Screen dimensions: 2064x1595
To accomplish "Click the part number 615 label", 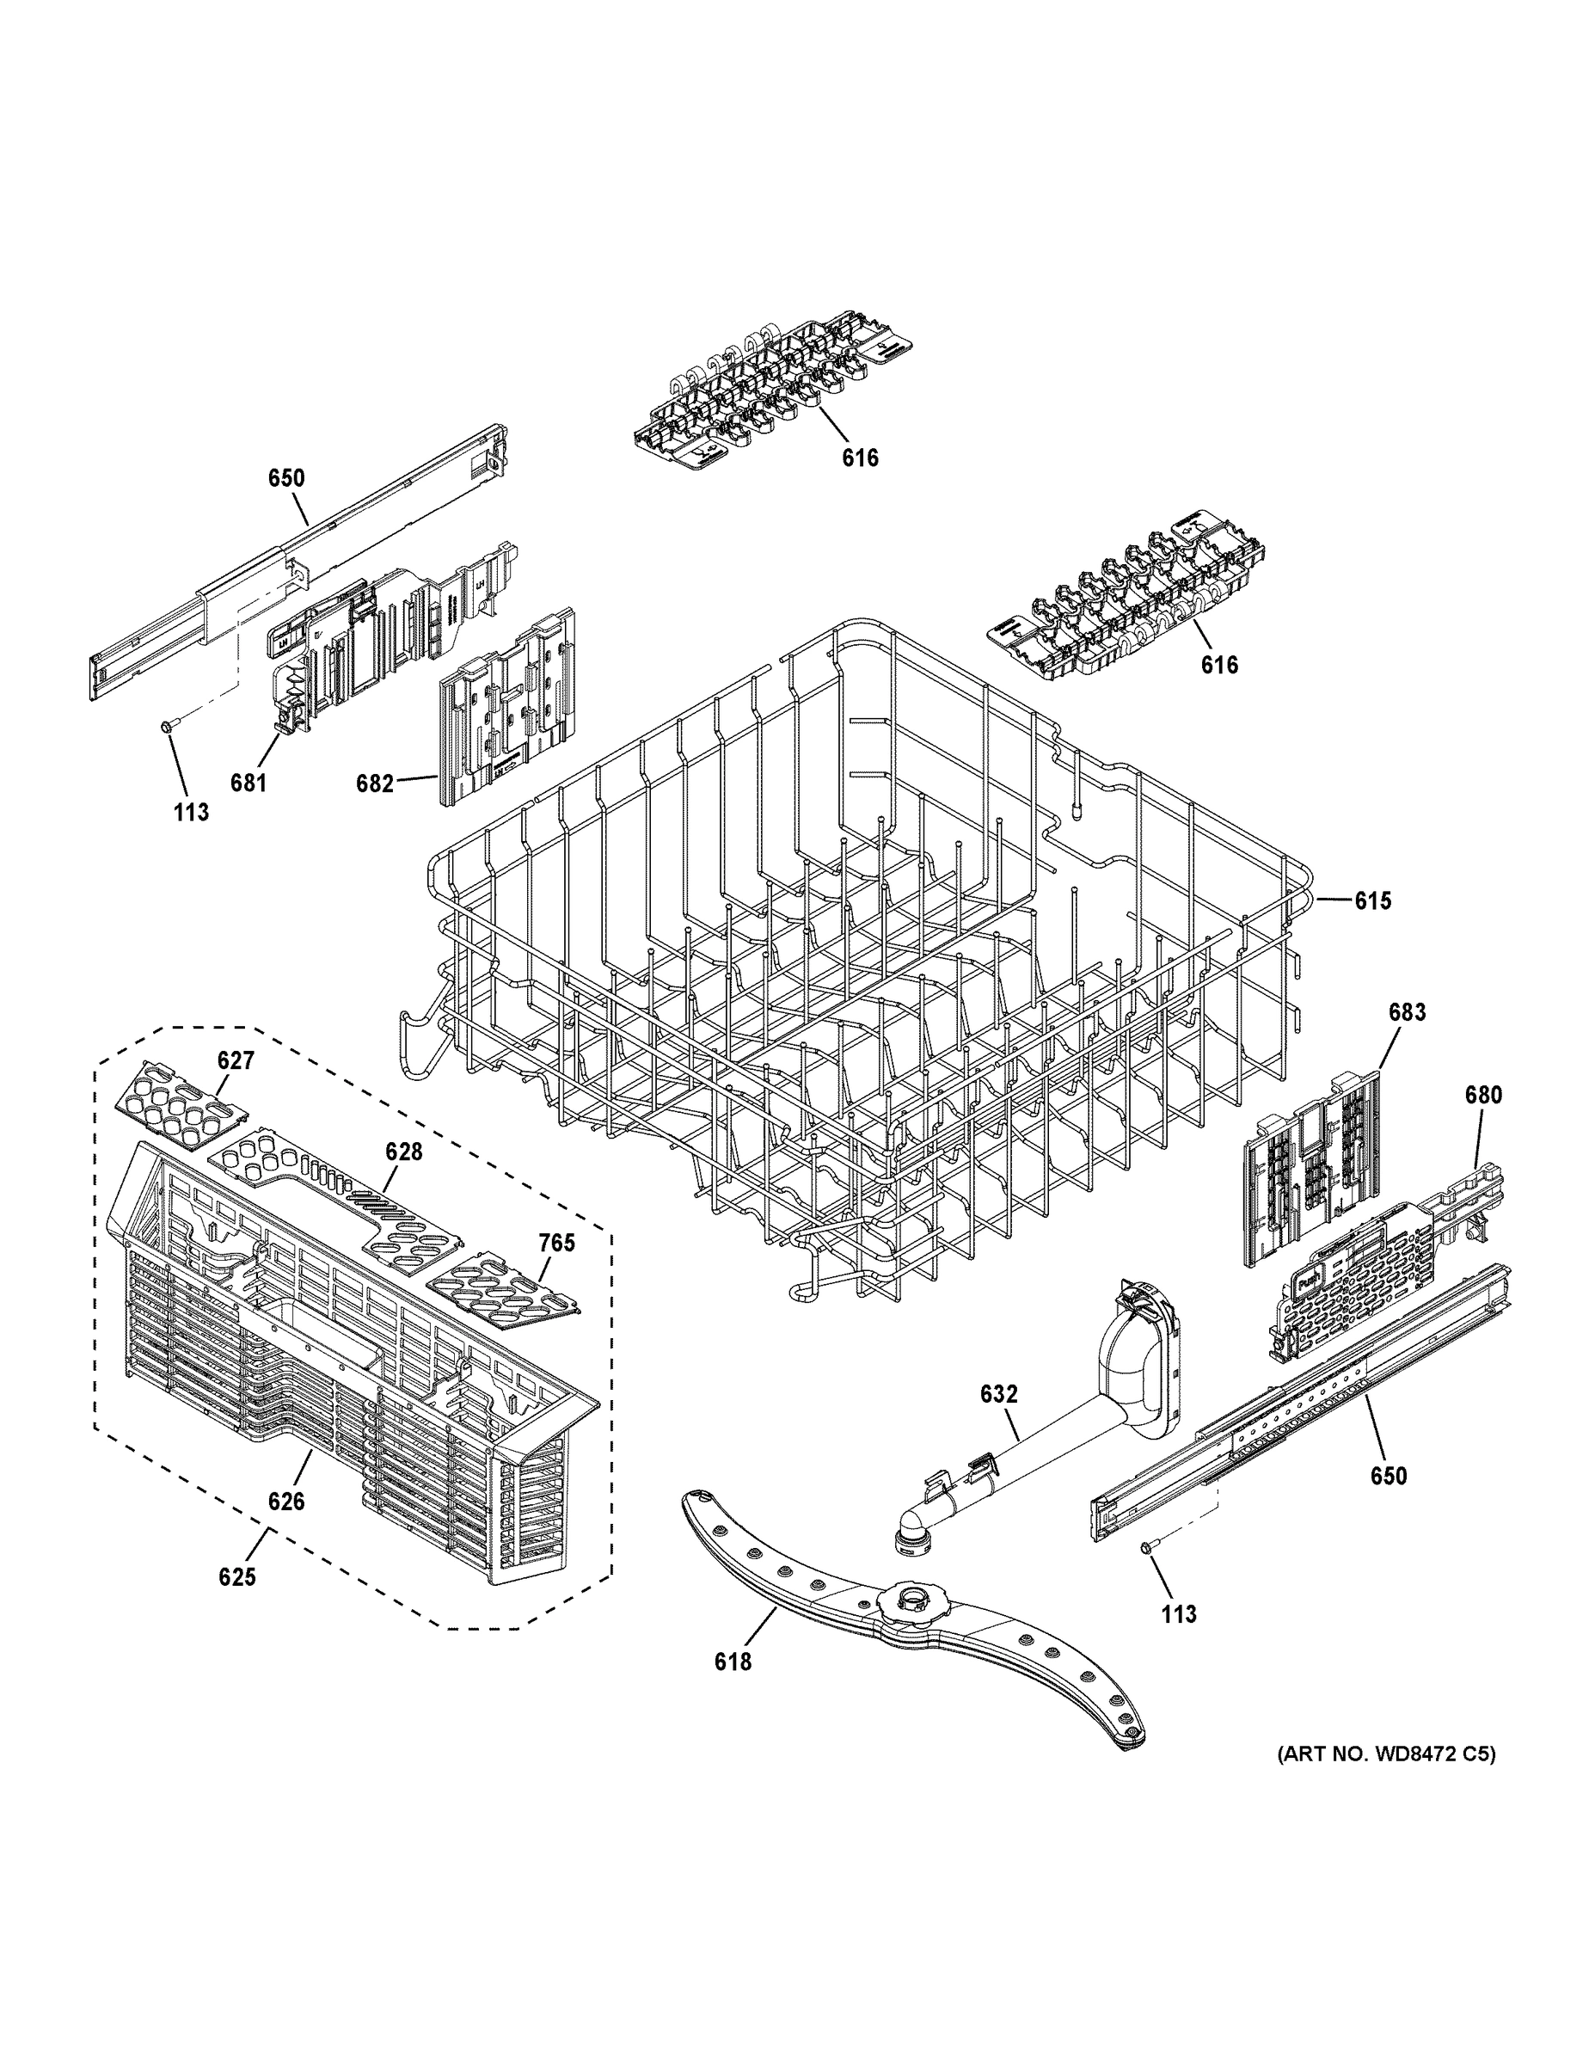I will click(x=1372, y=901).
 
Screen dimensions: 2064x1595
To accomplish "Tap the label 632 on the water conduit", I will click(x=999, y=1394).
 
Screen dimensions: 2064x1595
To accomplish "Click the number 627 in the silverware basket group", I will click(x=236, y=1060).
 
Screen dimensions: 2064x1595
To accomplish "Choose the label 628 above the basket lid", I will click(x=402, y=1152).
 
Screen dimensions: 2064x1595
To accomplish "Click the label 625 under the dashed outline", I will click(x=236, y=1577).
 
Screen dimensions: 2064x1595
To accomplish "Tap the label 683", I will click(x=1406, y=1012).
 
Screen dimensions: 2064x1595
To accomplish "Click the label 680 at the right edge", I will click(x=1482, y=1096).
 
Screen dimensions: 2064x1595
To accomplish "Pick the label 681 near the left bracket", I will click(x=248, y=783).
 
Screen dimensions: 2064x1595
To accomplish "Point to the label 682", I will click(x=374, y=783).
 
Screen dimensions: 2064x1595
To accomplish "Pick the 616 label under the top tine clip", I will click(x=860, y=458).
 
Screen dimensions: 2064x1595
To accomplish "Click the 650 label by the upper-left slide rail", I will click(x=286, y=478).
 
